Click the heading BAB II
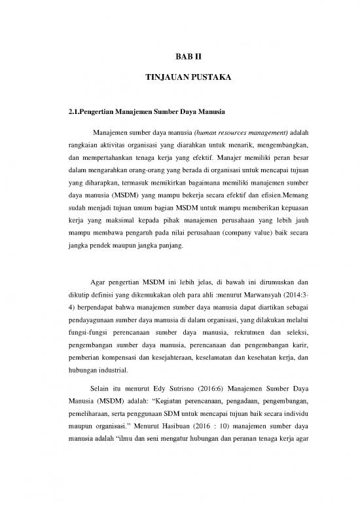(179, 57)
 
